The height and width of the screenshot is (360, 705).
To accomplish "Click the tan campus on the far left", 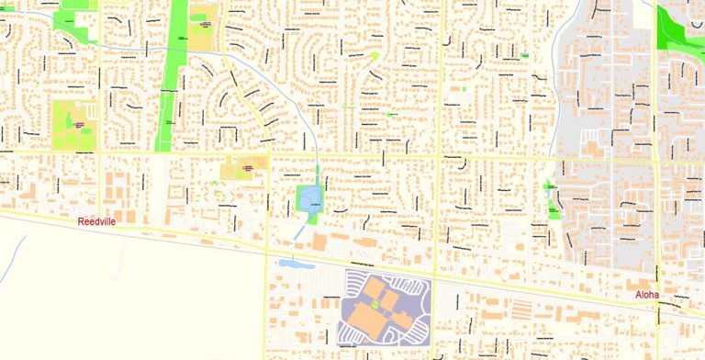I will (x=73, y=124).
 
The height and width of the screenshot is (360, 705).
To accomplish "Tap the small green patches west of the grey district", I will (x=552, y=199).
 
